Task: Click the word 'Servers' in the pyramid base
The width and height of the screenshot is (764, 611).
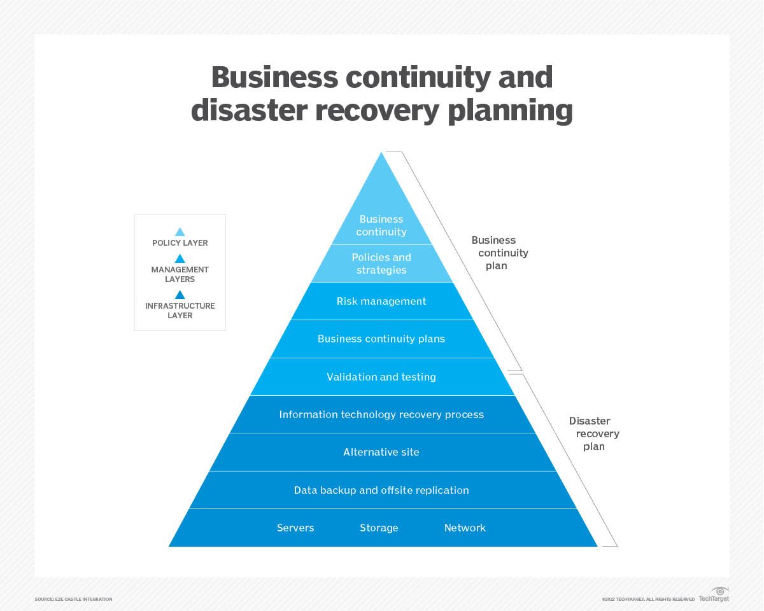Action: coord(295,528)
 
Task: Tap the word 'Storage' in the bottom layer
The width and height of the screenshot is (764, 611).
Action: coord(379,528)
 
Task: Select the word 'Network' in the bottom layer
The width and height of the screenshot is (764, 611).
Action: coord(465,528)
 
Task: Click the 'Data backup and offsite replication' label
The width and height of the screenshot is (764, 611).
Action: coord(381,490)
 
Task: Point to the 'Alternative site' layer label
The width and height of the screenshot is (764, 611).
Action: coord(381,452)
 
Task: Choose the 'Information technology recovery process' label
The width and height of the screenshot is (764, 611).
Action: coord(381,414)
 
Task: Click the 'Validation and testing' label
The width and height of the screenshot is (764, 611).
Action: coord(381,377)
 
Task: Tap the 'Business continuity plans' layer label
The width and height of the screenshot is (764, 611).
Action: coord(381,339)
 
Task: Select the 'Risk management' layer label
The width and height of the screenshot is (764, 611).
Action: coord(381,301)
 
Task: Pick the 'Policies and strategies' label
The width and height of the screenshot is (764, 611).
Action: coord(381,263)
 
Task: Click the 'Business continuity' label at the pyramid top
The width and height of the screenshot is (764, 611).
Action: coord(381,225)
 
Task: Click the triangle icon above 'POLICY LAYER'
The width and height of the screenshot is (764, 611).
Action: coord(180,232)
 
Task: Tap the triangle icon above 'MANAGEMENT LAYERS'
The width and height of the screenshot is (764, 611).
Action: coord(180,258)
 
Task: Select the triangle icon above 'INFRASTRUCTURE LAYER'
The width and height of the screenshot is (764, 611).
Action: coord(180,295)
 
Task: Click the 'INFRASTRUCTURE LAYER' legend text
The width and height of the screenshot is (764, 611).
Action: coord(180,311)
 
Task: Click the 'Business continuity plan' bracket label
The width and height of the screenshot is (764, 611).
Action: coord(499,253)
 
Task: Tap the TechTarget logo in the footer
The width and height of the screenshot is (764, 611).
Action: coord(714,595)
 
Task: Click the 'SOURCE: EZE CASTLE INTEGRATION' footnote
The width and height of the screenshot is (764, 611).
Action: coord(73,599)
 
